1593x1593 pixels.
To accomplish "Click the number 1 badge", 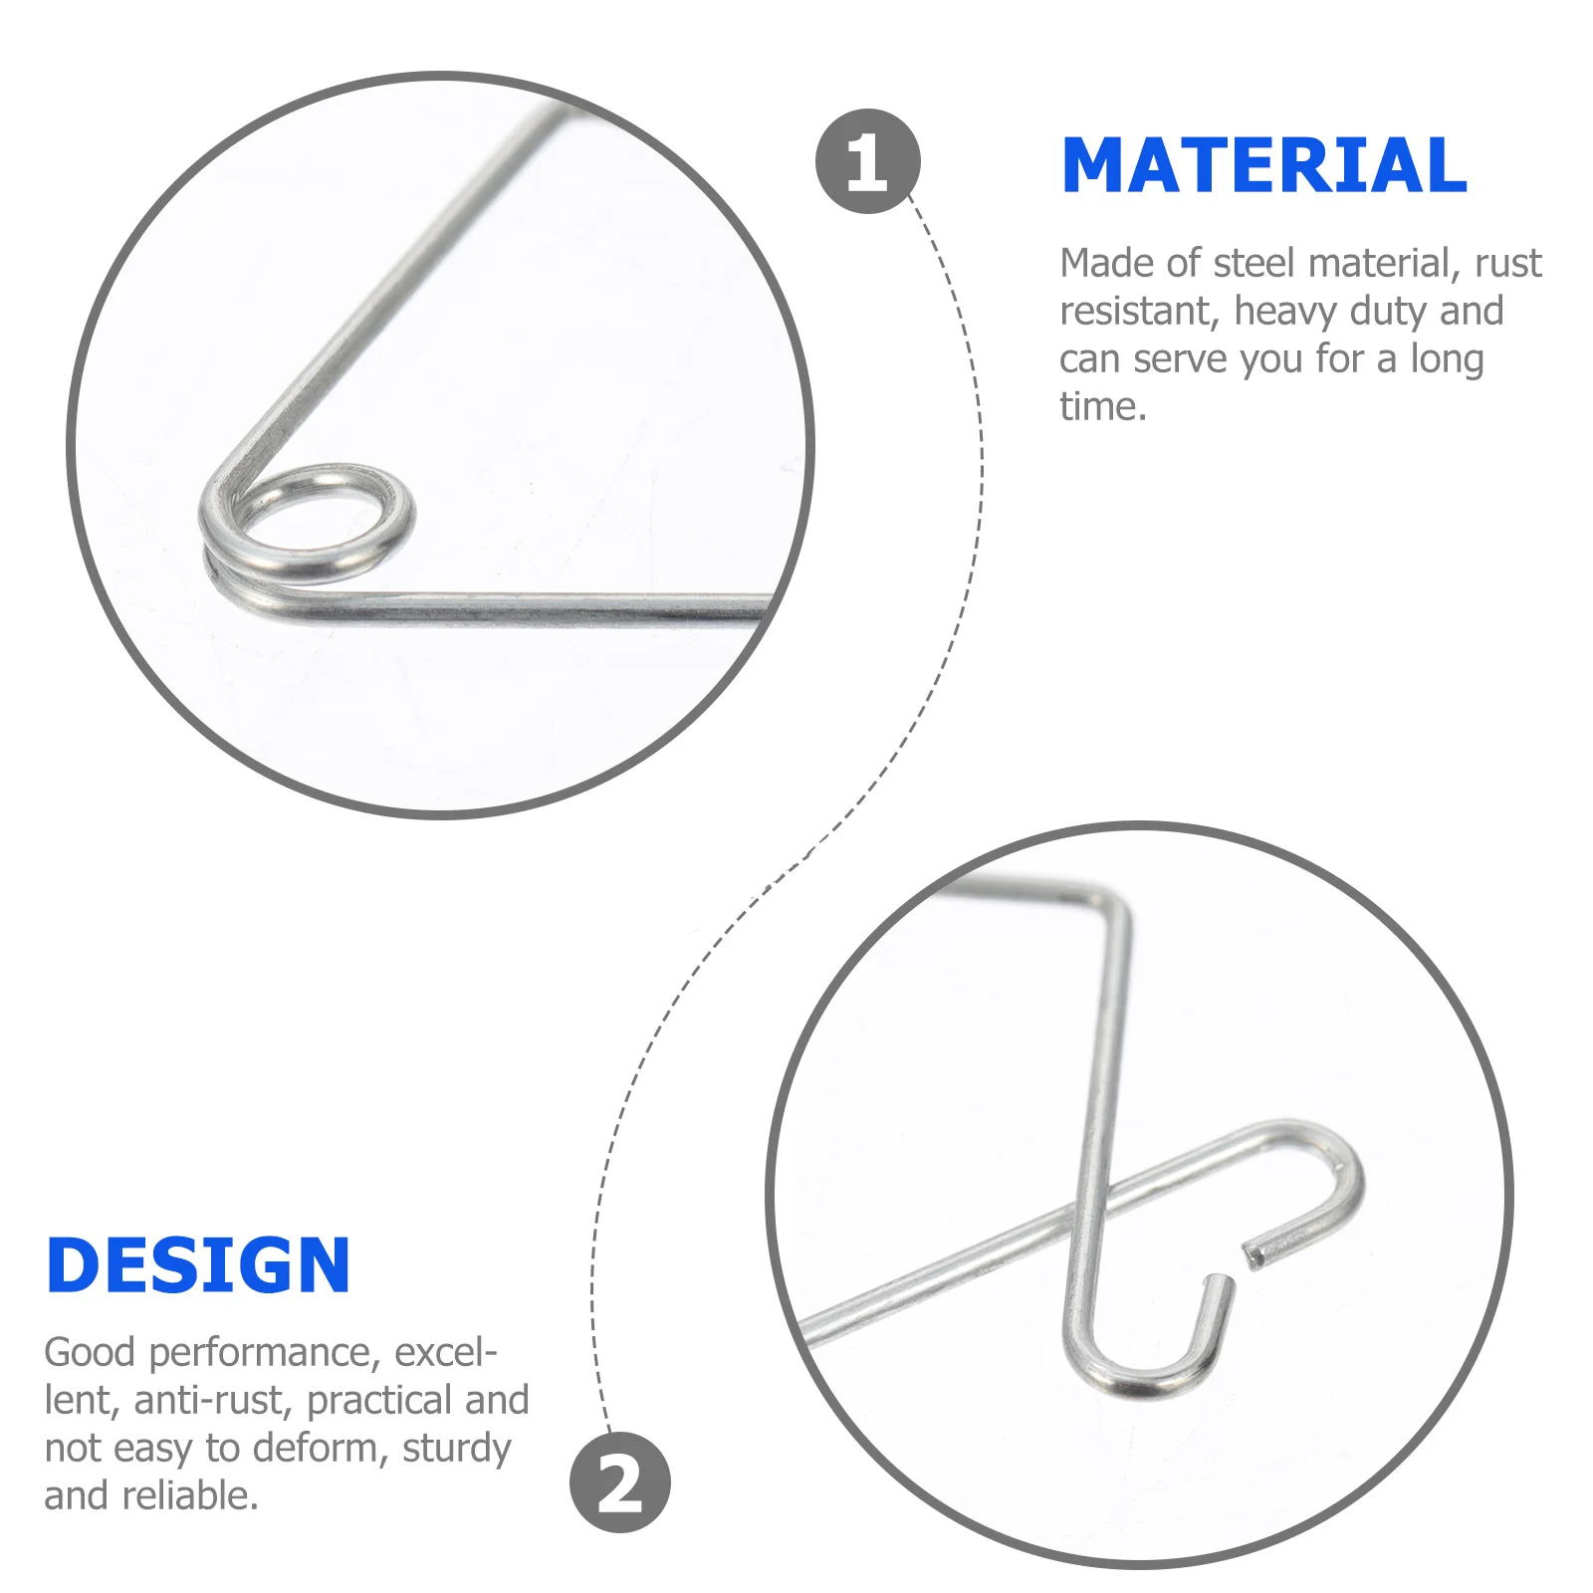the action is point(867,161).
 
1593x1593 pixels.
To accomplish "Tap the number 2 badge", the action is point(620,1482).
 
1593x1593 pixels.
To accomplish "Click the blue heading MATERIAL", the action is point(1264,165).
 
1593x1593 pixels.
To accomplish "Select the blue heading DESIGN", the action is point(198,1265).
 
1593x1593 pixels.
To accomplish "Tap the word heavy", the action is point(1285,312).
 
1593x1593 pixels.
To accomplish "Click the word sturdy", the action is point(457,1449).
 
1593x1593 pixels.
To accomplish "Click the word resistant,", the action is point(1139,312).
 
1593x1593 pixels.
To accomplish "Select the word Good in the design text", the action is point(90,1352).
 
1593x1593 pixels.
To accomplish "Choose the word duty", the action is point(1389,313).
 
